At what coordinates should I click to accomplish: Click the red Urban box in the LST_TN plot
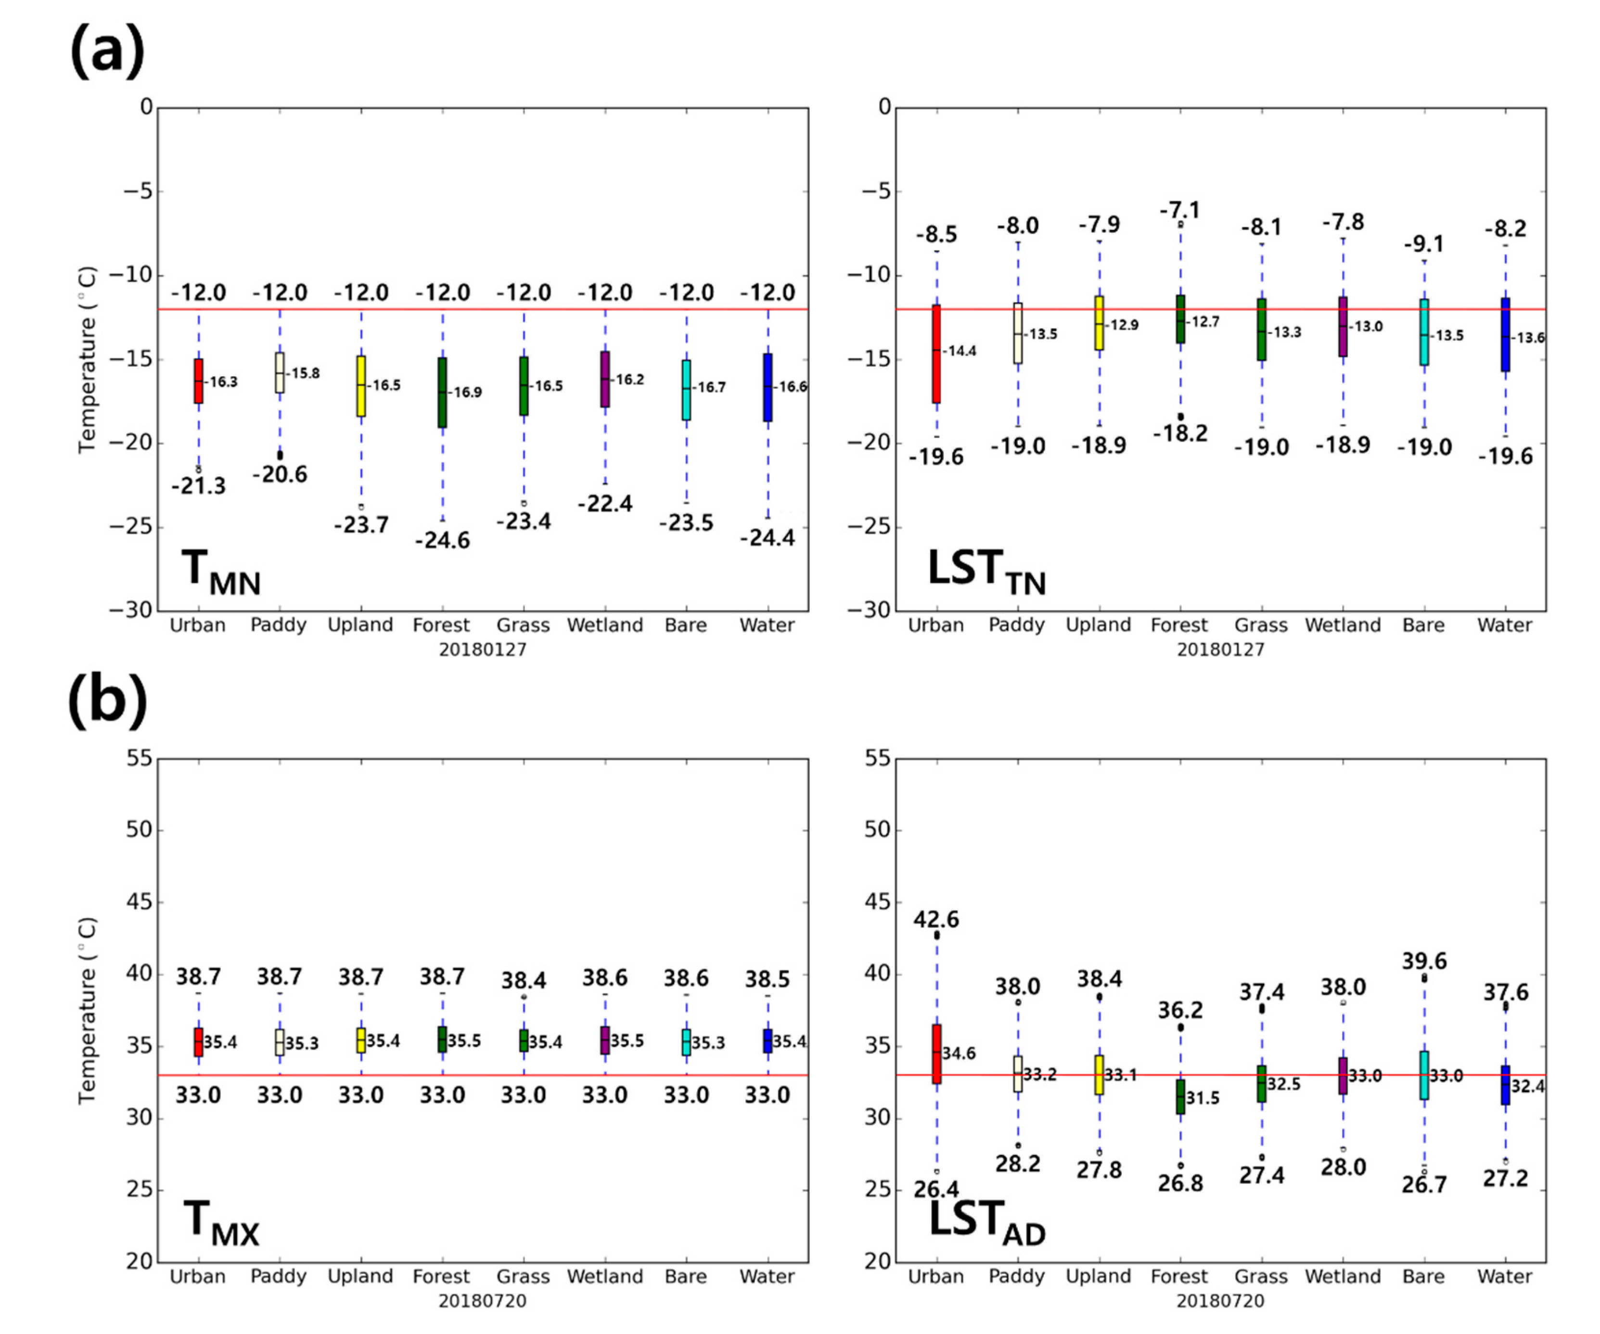(936, 354)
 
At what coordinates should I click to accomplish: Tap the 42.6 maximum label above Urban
(936, 919)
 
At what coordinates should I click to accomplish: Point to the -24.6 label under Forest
(443, 540)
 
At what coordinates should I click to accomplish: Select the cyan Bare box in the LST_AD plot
(1424, 1075)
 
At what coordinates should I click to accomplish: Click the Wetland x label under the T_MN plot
(605, 625)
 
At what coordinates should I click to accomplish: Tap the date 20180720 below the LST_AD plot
(1220, 1300)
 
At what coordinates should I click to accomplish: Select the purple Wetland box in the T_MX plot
(605, 1040)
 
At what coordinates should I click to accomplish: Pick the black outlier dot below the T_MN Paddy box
(280, 455)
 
